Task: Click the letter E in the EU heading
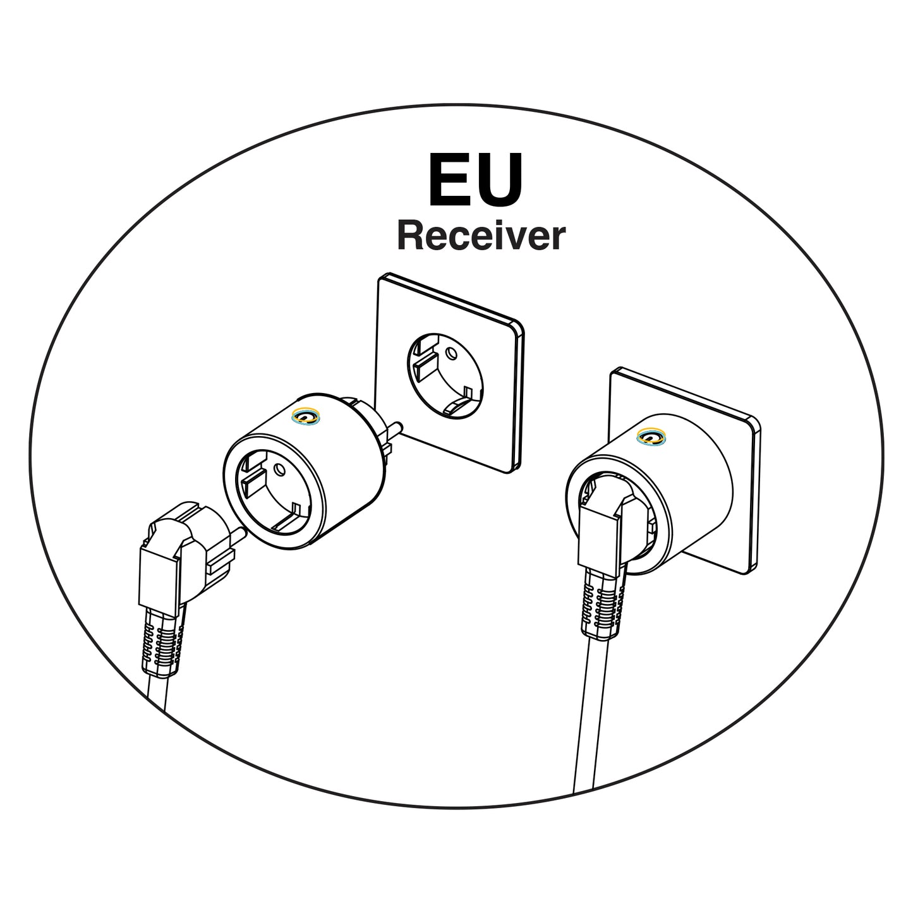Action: (448, 180)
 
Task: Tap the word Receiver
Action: (481, 236)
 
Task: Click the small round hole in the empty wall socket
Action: (452, 353)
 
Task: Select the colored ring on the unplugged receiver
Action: (306, 416)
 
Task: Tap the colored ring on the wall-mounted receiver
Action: (651, 435)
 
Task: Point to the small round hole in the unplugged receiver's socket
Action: (279, 469)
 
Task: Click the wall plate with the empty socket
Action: (449, 373)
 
